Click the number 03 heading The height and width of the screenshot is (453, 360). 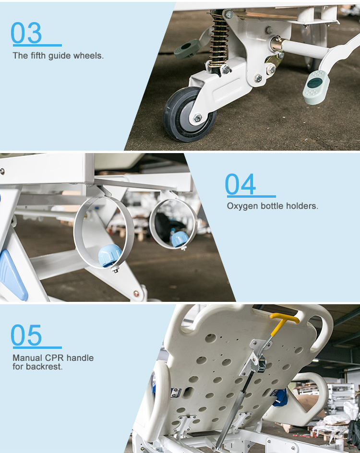coord(26,33)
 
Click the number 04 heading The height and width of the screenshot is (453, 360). coord(240,184)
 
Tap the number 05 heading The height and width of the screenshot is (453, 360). coord(26,335)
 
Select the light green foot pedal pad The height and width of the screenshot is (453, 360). coord(316,87)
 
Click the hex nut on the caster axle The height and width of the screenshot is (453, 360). coord(198,118)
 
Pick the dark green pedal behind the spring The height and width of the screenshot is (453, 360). coord(187,48)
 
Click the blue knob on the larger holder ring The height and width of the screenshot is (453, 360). coord(109,255)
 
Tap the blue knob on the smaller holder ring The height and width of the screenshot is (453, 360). coord(180,238)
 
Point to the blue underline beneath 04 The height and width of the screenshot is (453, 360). coord(252,196)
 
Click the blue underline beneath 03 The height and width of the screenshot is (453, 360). coord(37,45)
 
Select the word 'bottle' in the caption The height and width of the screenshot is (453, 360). coord(272,206)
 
